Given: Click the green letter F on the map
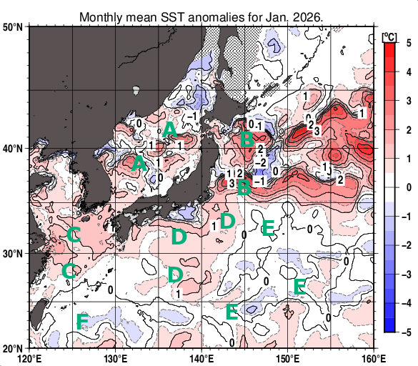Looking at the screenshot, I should click(82, 321).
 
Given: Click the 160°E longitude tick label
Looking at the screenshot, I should click(374, 358).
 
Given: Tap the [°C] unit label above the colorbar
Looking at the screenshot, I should click(390, 36).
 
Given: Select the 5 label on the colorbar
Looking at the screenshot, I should click(407, 43).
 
